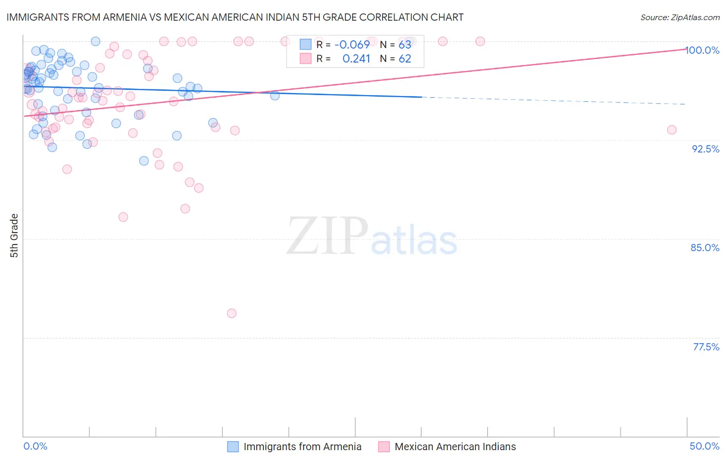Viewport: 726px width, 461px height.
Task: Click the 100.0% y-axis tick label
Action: pyautogui.click(x=702, y=50)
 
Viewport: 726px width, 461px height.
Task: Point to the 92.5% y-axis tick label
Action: pyautogui.click(x=705, y=149)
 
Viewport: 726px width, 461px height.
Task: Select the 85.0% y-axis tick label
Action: pyautogui.click(x=705, y=248)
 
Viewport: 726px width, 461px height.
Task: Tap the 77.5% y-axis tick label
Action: pyautogui.click(x=706, y=347)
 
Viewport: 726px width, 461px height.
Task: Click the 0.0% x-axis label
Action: pyautogui.click(x=35, y=446)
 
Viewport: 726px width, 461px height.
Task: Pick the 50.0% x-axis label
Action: pyautogui.click(x=704, y=446)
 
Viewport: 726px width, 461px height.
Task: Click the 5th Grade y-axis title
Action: pyautogui.click(x=14, y=236)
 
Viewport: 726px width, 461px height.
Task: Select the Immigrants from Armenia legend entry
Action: pyautogui.click(x=302, y=447)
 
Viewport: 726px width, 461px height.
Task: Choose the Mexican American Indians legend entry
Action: pyautogui.click(x=455, y=447)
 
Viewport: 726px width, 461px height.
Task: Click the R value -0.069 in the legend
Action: pyautogui.click(x=352, y=44)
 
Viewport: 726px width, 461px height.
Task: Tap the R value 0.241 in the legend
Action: pyautogui.click(x=356, y=58)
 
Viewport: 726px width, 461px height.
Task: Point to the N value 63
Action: pyautogui.click(x=405, y=44)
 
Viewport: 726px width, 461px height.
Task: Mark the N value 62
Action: pyautogui.click(x=405, y=58)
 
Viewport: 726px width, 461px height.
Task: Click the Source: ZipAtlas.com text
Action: pyautogui.click(x=680, y=17)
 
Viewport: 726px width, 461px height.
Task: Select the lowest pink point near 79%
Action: pyautogui.click(x=232, y=313)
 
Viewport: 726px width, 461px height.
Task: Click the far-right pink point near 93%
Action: pyautogui.click(x=672, y=130)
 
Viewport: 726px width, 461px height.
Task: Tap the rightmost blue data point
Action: pyautogui.click(x=275, y=96)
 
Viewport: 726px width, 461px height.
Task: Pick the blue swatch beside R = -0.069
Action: pyautogui.click(x=306, y=44)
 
